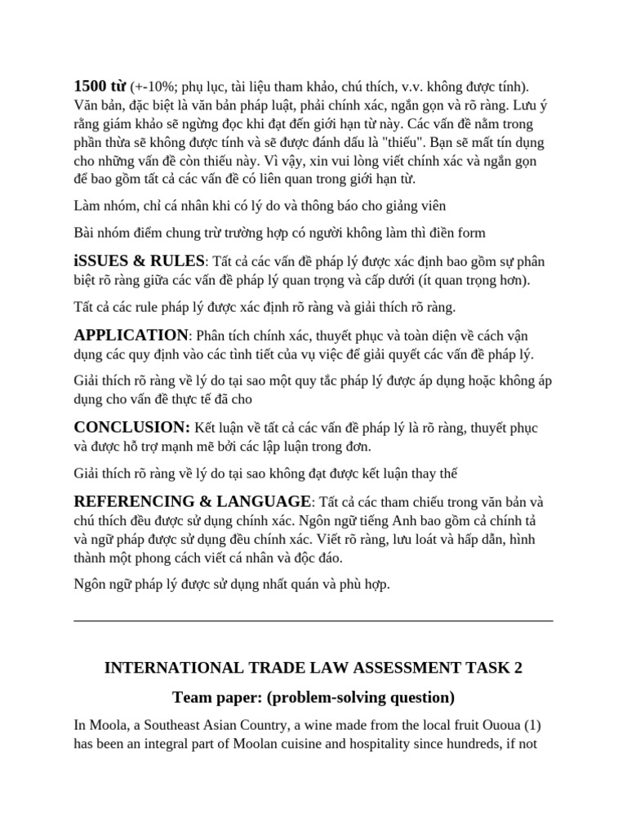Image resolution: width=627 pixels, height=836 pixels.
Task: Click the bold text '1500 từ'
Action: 100,86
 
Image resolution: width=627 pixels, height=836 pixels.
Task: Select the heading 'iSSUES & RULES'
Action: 139,260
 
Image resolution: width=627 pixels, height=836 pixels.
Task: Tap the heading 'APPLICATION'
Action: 131,336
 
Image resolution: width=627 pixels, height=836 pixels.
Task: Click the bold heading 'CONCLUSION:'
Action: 132,427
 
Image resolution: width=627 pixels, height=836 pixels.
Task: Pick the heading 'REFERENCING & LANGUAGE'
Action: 193,500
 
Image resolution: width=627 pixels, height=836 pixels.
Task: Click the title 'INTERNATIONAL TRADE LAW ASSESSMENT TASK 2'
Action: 313,668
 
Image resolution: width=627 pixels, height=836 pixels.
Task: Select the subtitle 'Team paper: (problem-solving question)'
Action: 313,697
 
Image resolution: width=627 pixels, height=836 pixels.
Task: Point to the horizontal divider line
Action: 313,620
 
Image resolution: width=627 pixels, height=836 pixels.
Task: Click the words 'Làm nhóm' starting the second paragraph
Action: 101,205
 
